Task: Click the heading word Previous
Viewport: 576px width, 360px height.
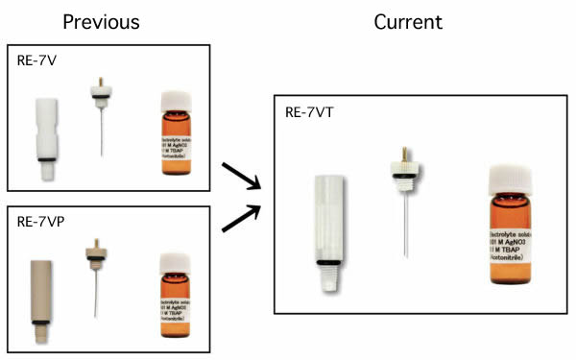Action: point(101,21)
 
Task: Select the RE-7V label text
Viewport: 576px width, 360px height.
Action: point(36,60)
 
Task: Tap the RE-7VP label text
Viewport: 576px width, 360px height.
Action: point(40,222)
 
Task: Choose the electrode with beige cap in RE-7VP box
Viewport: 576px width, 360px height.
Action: point(96,278)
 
